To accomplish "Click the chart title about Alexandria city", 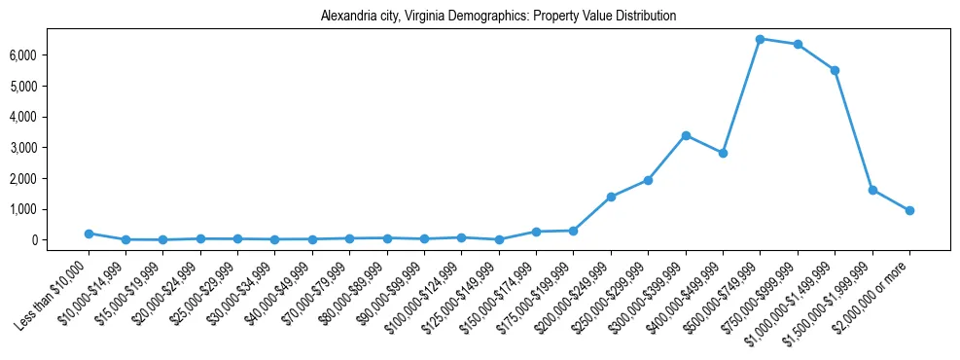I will [x=498, y=17].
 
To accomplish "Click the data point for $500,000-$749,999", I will [x=760, y=39].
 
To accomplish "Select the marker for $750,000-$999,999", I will [x=798, y=44].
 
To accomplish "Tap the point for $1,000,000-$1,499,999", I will [x=835, y=70].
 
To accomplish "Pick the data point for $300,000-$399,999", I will [x=686, y=135].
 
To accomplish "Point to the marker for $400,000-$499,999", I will [x=723, y=153].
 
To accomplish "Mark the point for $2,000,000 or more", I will [x=909, y=210].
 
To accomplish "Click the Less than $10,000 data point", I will [x=89, y=234].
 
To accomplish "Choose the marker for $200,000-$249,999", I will [x=611, y=197].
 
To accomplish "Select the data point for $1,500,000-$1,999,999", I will [x=872, y=190].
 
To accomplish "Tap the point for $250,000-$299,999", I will [x=648, y=180].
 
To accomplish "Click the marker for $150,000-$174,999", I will [x=536, y=232].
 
